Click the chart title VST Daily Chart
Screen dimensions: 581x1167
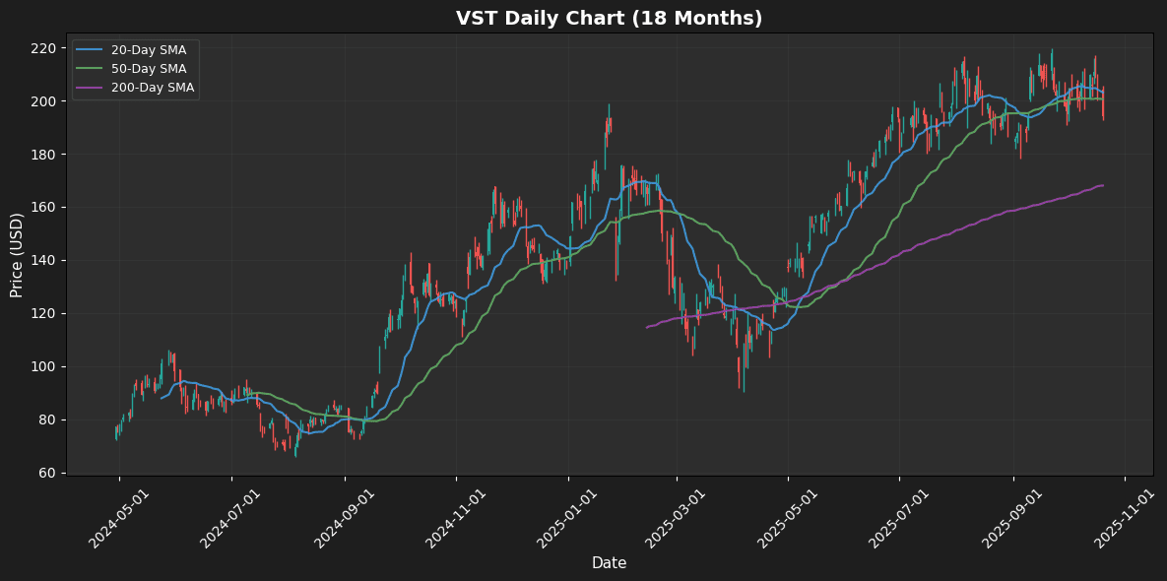[609, 19]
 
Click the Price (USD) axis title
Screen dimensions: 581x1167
[17, 254]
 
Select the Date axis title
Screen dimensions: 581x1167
[609, 563]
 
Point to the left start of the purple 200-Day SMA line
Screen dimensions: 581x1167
[646, 327]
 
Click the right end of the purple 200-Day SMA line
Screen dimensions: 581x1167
[1103, 185]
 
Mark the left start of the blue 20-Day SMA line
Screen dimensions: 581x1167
[162, 398]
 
